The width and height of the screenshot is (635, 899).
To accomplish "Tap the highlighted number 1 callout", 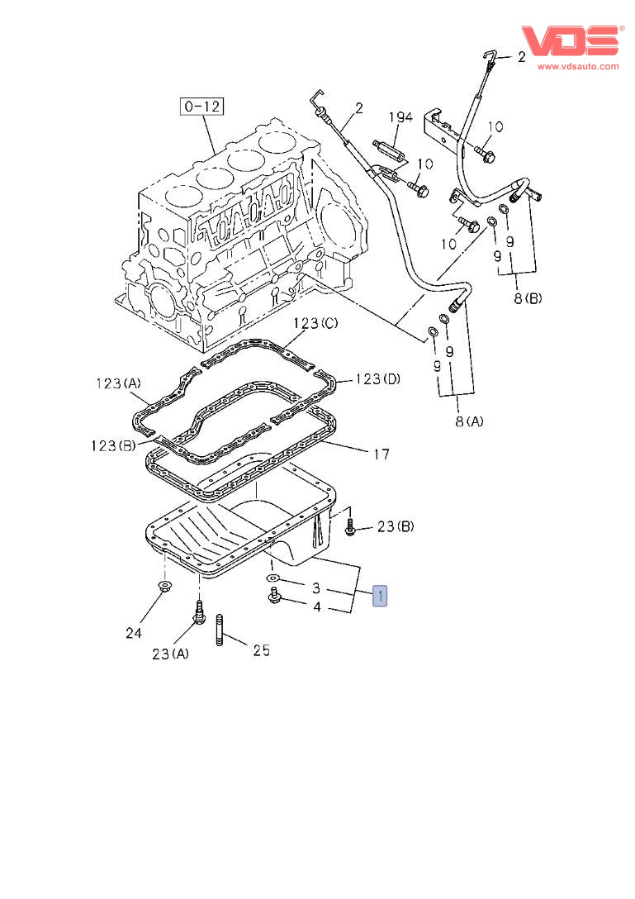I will pos(379,595).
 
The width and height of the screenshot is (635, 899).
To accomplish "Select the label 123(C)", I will pos(316,324).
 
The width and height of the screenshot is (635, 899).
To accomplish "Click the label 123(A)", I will pos(117,383).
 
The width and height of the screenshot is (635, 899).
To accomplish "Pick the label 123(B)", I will pos(114,445).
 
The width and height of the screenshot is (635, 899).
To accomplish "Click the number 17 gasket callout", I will pos(381,454).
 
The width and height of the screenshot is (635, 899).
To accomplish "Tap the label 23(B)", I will pos(396,526).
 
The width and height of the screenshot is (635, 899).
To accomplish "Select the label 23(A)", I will pos(170,654).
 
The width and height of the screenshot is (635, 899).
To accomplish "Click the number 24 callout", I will pos(134,633).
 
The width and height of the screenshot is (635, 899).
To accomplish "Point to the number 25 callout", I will pos(261,650).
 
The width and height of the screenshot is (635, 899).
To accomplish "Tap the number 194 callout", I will pos(400,117).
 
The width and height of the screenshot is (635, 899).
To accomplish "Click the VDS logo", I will pos(570,40).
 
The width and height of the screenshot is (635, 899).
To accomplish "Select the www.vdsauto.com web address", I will pos(578,66).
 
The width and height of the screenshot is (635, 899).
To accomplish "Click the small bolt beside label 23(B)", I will pos(351,526).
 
